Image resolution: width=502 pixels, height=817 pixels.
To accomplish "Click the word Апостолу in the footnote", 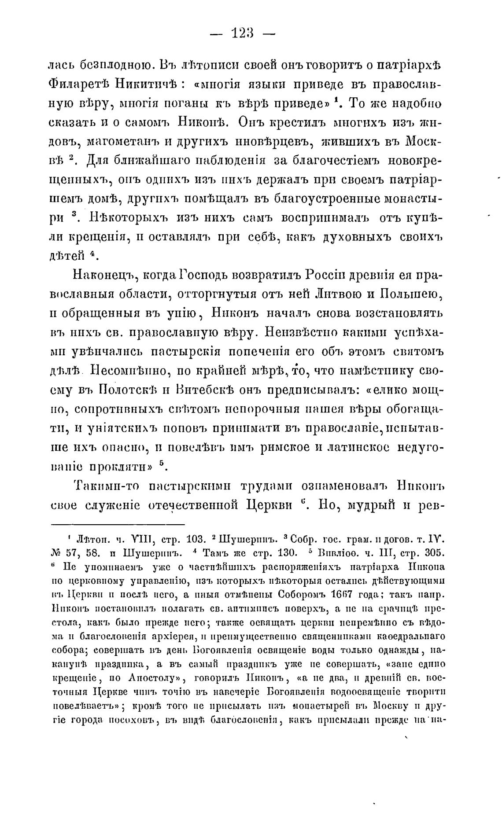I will (154, 676).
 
